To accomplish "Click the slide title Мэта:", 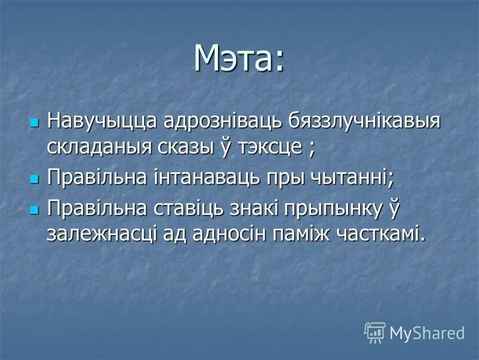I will [x=239, y=58].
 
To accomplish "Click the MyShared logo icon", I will [x=375, y=332].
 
